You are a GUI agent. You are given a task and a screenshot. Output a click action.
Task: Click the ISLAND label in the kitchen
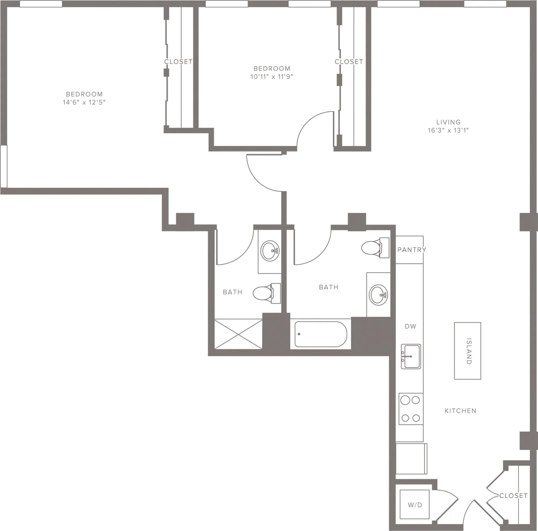469,351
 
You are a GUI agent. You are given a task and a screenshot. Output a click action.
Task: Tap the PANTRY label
411,250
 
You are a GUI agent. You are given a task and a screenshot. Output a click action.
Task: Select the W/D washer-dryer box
415,505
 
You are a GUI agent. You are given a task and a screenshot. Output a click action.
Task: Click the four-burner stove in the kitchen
411,409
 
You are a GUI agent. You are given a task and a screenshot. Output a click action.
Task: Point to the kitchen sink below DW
411,357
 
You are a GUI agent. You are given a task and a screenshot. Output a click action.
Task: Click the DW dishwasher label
410,326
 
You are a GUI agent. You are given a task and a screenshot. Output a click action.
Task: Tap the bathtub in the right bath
321,334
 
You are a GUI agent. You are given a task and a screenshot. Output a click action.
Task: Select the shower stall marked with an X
238,334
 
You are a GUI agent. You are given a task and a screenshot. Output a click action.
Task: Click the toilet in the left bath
266,293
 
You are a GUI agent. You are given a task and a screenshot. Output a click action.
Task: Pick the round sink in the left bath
270,251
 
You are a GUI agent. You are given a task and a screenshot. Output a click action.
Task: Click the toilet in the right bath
374,248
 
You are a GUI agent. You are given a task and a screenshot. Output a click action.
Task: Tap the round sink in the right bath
378,295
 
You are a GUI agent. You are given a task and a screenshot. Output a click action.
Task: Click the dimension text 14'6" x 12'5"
84,102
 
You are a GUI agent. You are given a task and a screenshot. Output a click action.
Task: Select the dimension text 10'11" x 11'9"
272,77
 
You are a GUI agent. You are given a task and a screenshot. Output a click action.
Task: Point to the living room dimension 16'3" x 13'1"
448,130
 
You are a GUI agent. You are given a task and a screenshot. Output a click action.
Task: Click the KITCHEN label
460,411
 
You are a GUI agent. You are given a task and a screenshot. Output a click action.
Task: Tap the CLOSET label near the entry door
513,496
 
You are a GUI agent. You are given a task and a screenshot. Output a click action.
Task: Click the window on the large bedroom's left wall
3,166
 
